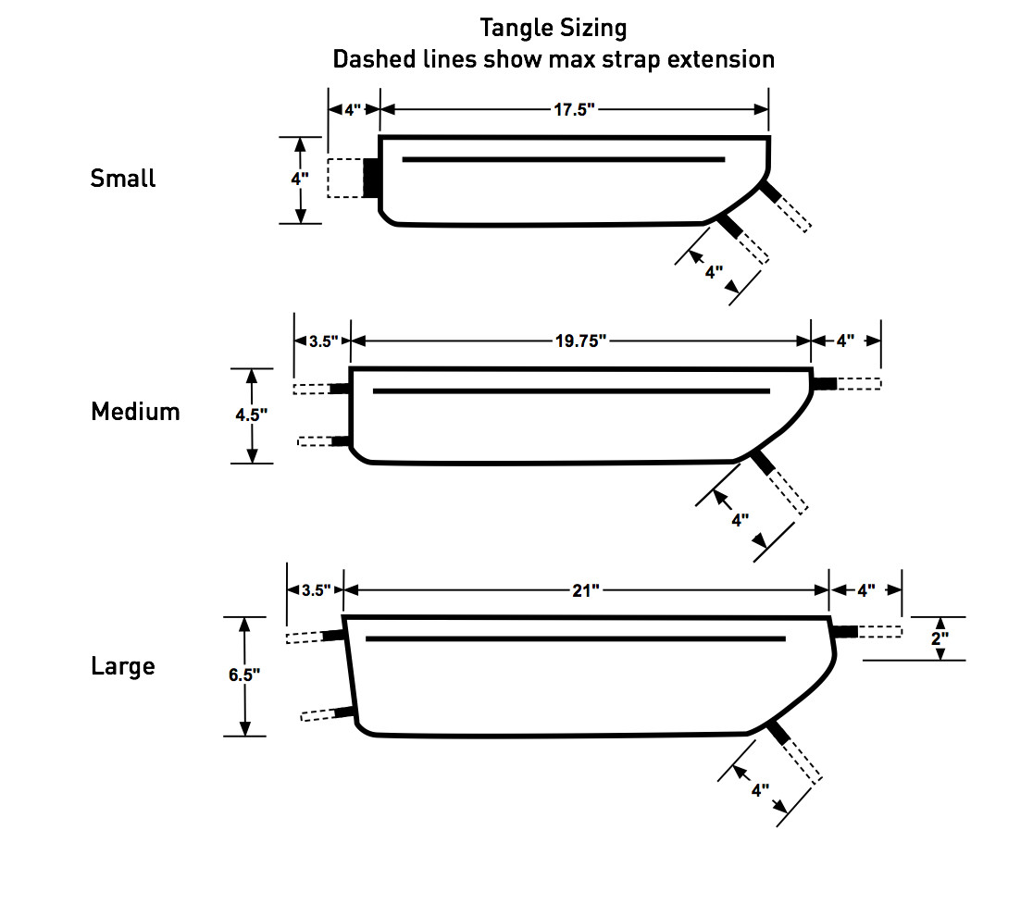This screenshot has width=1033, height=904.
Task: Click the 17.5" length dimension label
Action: (x=574, y=109)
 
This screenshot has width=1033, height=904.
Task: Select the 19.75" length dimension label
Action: (x=580, y=341)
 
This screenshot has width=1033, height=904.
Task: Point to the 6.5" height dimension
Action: (x=244, y=675)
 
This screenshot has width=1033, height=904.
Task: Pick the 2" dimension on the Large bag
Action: (x=940, y=638)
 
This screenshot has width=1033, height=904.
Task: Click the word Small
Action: (x=123, y=179)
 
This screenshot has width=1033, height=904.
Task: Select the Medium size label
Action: (x=135, y=412)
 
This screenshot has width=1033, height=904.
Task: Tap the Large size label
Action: (x=123, y=666)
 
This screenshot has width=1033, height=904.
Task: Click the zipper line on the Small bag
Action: (x=563, y=159)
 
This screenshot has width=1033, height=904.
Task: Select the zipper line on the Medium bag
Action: (x=571, y=391)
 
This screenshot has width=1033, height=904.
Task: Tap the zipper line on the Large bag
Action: (x=575, y=638)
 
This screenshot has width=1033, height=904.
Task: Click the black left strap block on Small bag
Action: (x=371, y=177)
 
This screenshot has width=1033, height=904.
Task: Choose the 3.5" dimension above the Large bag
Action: (x=316, y=590)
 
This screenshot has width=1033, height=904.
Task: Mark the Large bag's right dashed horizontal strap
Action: (x=878, y=632)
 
